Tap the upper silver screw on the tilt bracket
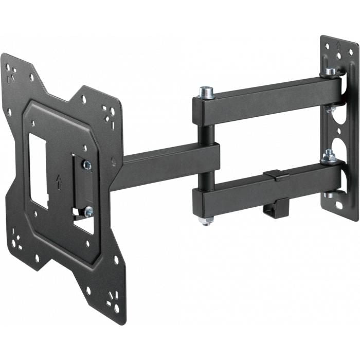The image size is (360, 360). [x=87, y=165]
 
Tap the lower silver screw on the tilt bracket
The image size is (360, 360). [x=88, y=210]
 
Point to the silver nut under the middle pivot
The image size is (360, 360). [x=205, y=221]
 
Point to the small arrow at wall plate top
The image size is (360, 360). [x=338, y=46]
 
